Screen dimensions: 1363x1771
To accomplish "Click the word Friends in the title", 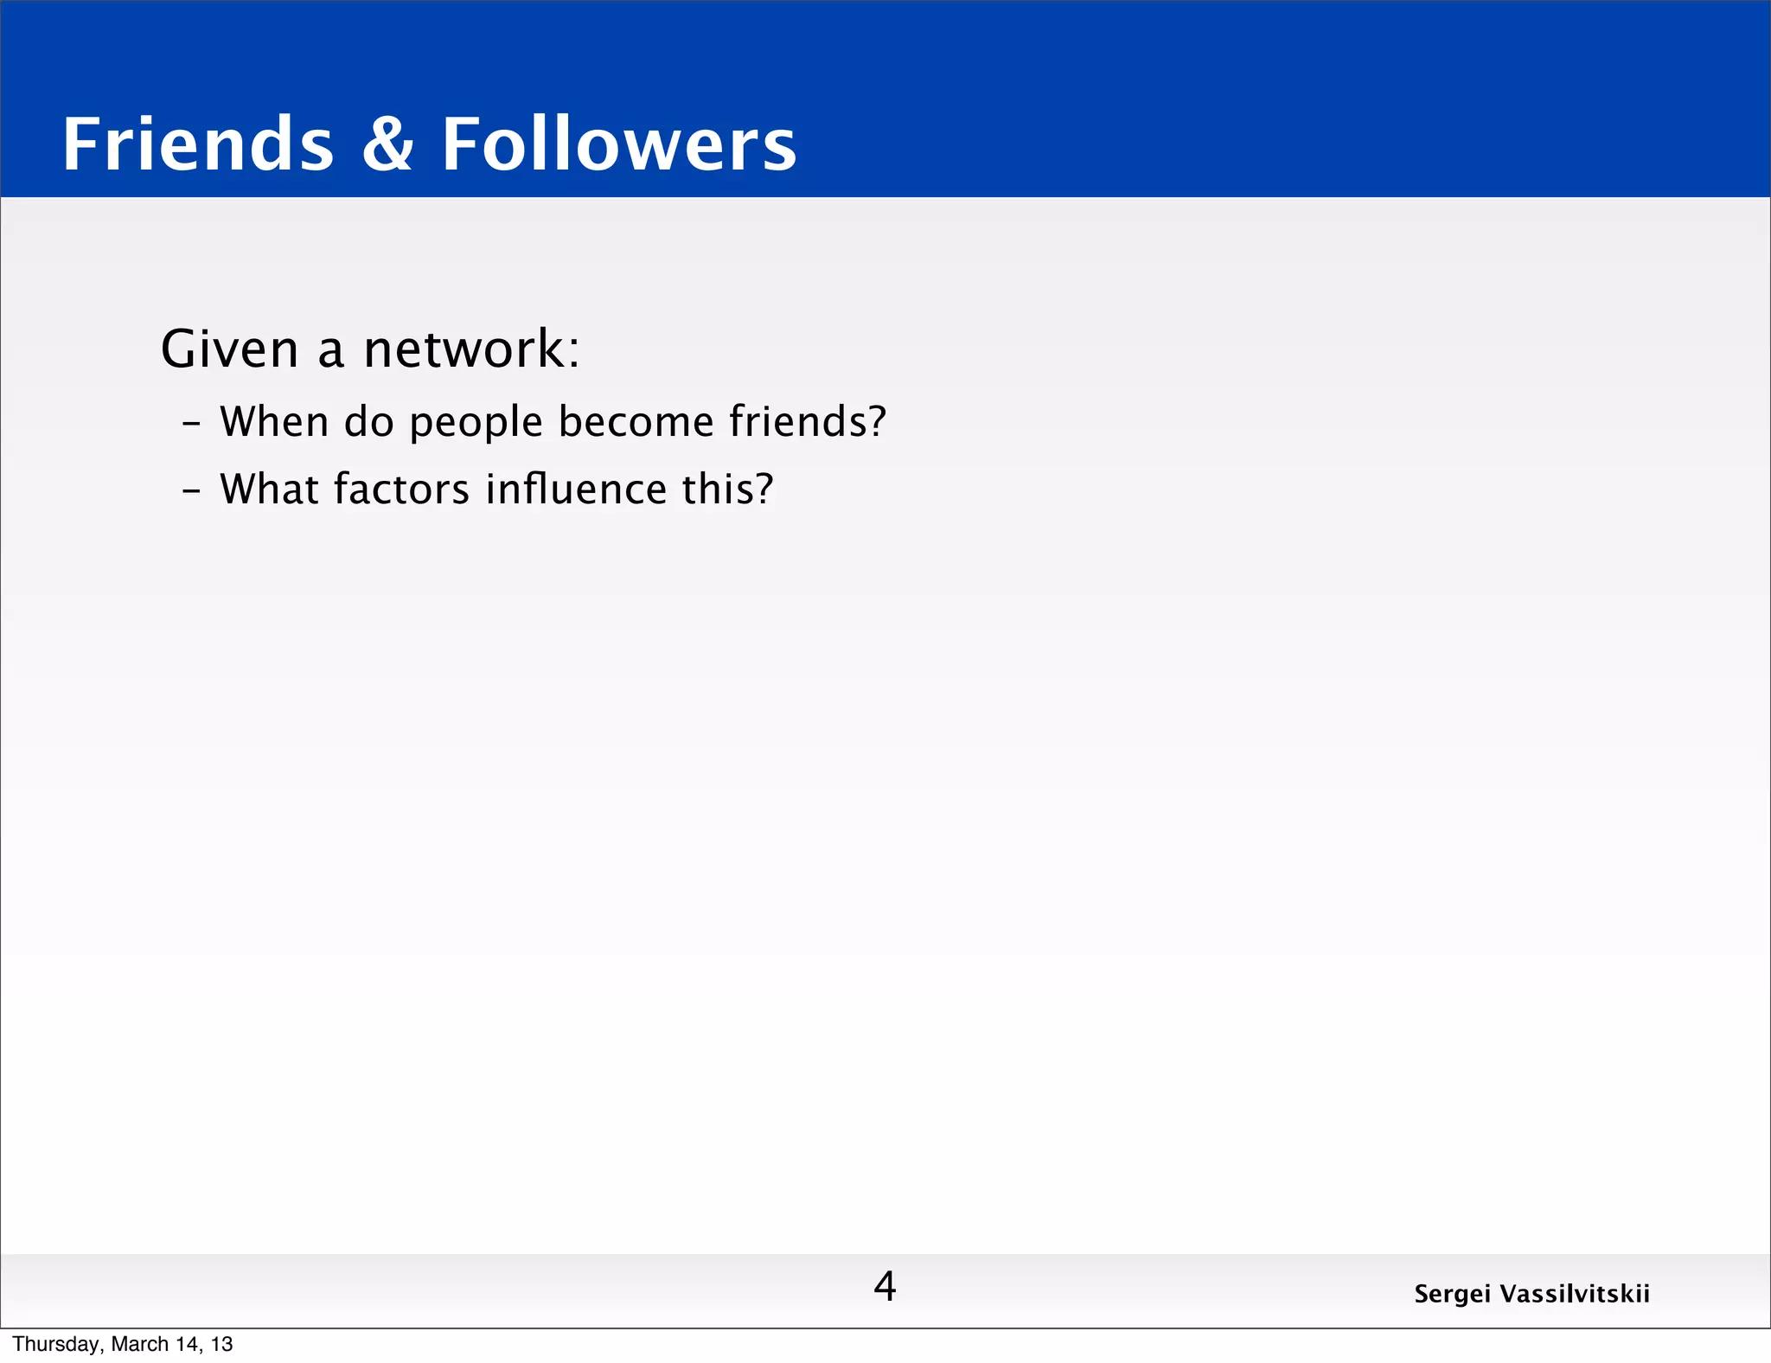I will coord(198,144).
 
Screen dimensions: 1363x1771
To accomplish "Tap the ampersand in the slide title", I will coord(387,144).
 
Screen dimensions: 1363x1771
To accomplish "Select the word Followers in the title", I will coord(619,144).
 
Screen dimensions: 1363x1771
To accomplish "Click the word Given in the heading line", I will coord(230,349).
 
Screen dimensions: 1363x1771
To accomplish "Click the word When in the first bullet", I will coord(274,422).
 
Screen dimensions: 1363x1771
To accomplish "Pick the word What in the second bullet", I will coord(269,490).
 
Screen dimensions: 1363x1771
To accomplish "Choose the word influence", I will coord(576,490).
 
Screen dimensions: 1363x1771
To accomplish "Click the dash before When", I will coord(191,425).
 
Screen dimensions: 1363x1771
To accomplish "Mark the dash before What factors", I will coord(191,492).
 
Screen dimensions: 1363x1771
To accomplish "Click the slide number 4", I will coord(885,1287).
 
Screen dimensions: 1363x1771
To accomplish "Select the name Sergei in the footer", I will coord(1452,1295).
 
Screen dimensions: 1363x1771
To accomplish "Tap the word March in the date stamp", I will coord(140,1344).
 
